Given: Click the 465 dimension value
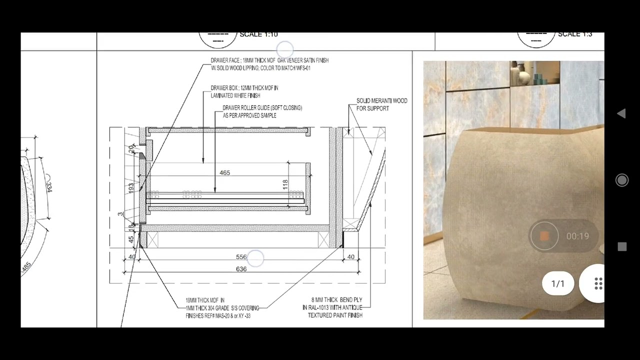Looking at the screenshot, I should click(224, 172).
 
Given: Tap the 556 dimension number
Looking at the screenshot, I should click(241, 257).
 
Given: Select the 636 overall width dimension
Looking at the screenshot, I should click(241, 269).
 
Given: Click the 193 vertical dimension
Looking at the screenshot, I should click(131, 188).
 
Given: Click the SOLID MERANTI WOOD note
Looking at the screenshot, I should click(381, 101).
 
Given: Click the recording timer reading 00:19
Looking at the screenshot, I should click(577, 236).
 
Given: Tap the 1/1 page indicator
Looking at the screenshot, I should click(557, 283).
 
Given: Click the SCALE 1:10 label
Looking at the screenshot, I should click(258, 34).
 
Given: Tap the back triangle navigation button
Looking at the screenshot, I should click(621, 113).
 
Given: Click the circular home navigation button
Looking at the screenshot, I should click(622, 180).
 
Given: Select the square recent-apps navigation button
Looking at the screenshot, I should click(622, 246).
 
